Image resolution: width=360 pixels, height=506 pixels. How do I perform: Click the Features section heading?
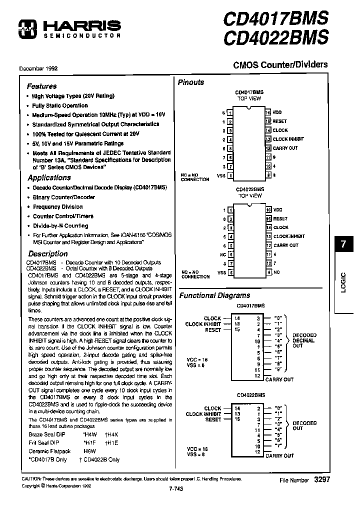click(x=42, y=86)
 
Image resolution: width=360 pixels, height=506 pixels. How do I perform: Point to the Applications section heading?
click(x=49, y=177)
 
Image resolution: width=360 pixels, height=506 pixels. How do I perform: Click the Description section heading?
click(x=47, y=253)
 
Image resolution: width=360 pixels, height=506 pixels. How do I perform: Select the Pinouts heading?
click(x=191, y=82)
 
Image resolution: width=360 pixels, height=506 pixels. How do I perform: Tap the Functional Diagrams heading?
click(x=214, y=295)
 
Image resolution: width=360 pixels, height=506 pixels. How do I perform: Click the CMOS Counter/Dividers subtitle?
click(x=280, y=64)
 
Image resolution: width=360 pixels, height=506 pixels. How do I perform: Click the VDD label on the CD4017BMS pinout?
click(x=277, y=112)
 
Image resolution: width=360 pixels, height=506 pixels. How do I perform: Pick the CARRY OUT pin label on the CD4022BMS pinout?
click(x=285, y=245)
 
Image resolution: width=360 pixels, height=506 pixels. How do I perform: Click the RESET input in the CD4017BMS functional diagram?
click(x=213, y=330)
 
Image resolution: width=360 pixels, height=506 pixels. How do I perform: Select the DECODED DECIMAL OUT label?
click(x=303, y=340)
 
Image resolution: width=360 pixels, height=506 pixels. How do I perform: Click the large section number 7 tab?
click(x=343, y=245)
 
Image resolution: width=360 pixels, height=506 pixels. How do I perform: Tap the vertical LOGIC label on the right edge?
click(x=343, y=282)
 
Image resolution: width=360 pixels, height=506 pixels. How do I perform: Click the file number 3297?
click(x=321, y=479)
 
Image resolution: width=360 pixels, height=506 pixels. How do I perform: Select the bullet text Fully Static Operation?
click(x=60, y=105)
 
